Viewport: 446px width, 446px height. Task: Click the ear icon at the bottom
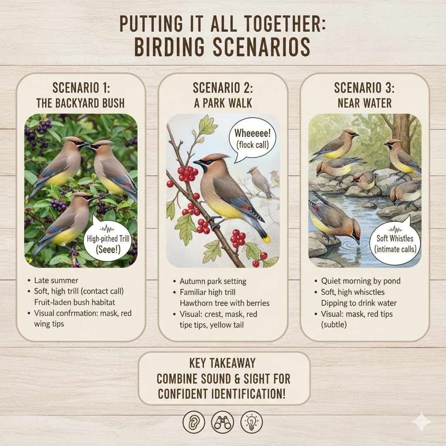click(194, 422)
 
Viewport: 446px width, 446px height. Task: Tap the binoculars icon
click(223, 422)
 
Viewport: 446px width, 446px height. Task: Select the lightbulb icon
click(251, 422)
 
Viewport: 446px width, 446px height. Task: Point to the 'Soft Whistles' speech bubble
click(395, 243)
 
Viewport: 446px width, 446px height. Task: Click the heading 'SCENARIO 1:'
click(81, 88)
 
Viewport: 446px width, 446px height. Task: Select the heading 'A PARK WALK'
click(223, 103)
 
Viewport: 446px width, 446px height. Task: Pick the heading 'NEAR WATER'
click(365, 103)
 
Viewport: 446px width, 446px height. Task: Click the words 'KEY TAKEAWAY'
click(223, 363)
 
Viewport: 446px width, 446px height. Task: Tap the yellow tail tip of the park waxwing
click(267, 239)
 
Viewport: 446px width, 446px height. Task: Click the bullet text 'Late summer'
click(56, 280)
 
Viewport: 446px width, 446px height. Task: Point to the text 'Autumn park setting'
click(213, 281)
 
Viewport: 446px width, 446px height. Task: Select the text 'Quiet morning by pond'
click(361, 281)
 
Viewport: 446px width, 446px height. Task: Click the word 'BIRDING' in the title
click(169, 47)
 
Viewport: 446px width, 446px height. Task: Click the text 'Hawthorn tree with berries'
click(224, 303)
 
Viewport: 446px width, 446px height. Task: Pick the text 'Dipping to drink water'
click(359, 303)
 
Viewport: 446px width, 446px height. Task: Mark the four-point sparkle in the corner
click(422, 421)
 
